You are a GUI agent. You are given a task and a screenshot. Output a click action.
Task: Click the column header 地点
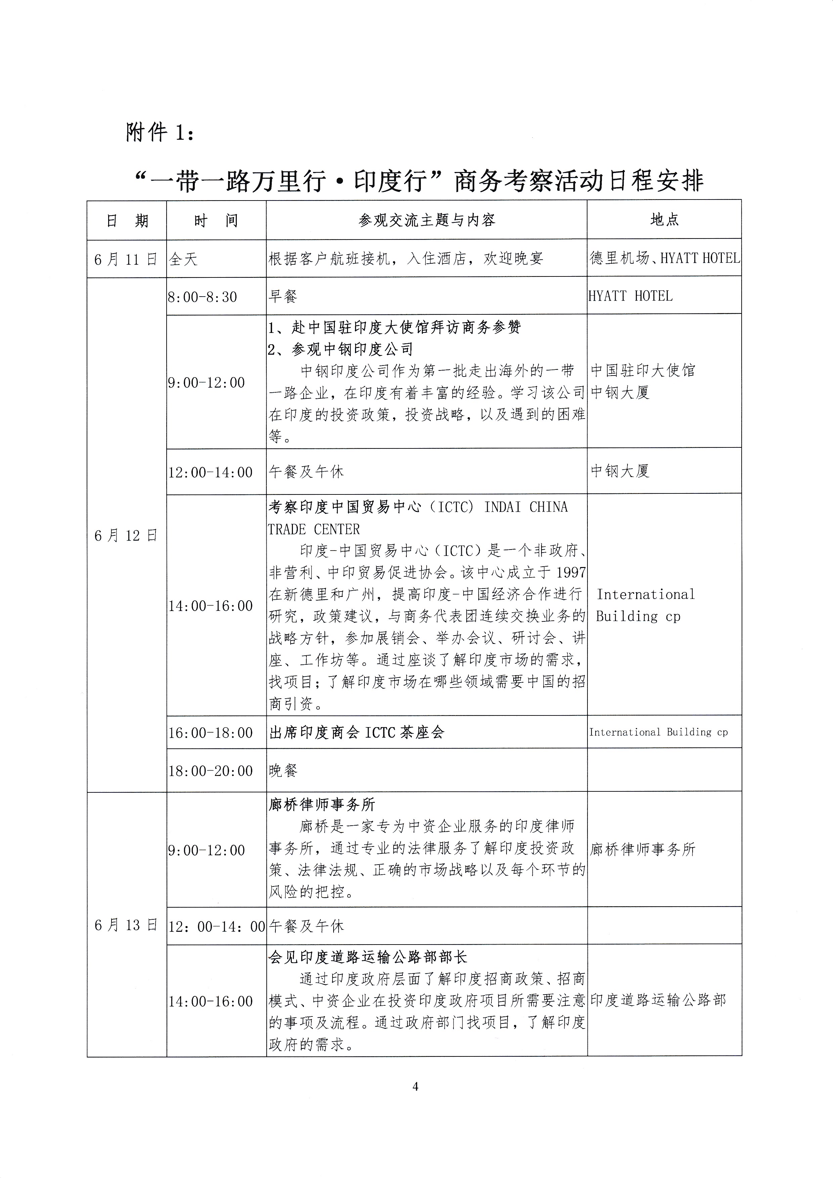[x=664, y=220]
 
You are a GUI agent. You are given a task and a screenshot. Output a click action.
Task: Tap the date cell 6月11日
[x=126, y=259]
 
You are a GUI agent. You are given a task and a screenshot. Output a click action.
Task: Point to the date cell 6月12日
[x=126, y=536]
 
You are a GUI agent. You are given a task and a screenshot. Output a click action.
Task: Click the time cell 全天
[x=183, y=259]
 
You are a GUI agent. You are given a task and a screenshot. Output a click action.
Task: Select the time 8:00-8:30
[x=203, y=297]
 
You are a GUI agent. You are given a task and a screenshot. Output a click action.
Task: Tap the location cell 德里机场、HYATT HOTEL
[x=664, y=258]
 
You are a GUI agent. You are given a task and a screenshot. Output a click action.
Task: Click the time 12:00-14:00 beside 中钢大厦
[x=210, y=472]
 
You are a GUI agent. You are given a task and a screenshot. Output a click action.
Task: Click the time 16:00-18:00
[x=210, y=733]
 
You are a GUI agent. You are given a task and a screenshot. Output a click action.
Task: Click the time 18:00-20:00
[x=210, y=771]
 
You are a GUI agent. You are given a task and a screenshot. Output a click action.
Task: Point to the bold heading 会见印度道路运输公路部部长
[x=368, y=957]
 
